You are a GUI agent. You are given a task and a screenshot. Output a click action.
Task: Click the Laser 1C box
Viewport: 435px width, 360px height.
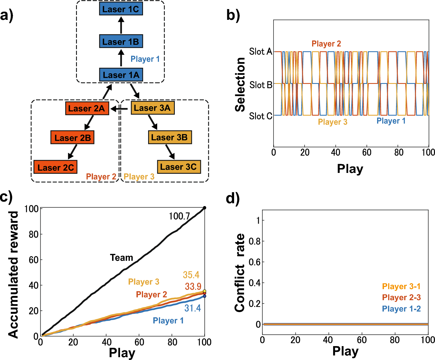pyautogui.click(x=121, y=9)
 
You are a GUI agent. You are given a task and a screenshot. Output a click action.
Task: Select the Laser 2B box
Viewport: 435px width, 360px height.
pyautogui.click(x=72, y=138)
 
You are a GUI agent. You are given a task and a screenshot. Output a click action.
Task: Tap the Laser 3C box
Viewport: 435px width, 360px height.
pyautogui.click(x=179, y=167)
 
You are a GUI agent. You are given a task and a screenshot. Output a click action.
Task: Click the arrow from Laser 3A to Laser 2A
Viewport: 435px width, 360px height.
pyautogui.click(x=119, y=109)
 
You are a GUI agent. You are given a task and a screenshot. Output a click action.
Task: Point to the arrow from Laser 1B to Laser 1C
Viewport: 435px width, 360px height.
pyautogui.click(x=121, y=25)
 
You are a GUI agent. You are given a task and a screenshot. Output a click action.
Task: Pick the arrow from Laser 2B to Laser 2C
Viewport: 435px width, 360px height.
pyautogui.click(x=72, y=152)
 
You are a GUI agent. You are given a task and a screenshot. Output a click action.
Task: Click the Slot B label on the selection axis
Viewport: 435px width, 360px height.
pyautogui.click(x=260, y=85)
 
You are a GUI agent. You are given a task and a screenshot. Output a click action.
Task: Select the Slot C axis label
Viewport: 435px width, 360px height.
pyautogui.click(x=260, y=116)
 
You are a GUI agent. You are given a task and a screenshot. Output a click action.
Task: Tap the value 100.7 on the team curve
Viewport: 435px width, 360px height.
pyautogui.click(x=179, y=216)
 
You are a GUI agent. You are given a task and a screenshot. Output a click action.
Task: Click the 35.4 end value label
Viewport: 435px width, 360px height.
pyautogui.click(x=191, y=275)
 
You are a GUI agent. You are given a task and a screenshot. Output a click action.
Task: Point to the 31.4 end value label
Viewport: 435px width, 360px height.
pyautogui.click(x=192, y=308)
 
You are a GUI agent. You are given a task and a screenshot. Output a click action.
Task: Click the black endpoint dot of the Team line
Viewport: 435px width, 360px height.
pyautogui.click(x=205, y=208)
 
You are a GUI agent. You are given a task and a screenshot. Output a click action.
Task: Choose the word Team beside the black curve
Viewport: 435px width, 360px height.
pyautogui.click(x=121, y=258)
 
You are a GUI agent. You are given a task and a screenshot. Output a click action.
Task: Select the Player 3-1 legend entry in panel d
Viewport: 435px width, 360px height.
pyautogui.click(x=401, y=286)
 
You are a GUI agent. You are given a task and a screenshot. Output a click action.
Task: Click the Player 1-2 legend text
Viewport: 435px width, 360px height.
pyautogui.click(x=401, y=309)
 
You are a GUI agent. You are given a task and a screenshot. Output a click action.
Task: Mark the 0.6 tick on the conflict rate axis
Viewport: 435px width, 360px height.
pyautogui.click(x=255, y=262)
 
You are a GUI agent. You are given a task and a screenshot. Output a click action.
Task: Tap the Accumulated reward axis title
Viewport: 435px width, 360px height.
pyautogui.click(x=13, y=274)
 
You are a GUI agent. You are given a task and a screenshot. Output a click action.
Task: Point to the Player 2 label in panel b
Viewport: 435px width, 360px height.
pyautogui.click(x=326, y=44)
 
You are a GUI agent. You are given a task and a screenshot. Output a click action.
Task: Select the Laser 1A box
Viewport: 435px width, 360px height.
pyautogui.click(x=121, y=75)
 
